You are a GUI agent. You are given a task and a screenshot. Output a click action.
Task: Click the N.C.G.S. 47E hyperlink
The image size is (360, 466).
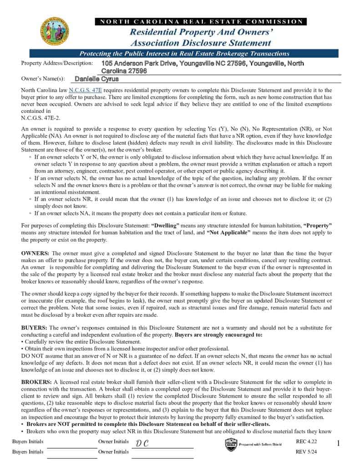(86, 91)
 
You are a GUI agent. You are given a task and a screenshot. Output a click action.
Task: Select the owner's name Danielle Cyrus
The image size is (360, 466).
(96, 79)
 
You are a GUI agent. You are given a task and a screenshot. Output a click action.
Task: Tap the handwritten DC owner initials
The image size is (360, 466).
(142, 444)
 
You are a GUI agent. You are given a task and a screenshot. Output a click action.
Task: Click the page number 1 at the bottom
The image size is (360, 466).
(339, 443)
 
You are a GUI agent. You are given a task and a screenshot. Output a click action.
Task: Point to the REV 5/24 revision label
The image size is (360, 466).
(306, 451)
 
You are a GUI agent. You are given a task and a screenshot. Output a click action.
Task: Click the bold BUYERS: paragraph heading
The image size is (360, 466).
(34, 328)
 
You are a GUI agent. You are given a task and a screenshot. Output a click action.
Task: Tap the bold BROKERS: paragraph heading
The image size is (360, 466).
(36, 382)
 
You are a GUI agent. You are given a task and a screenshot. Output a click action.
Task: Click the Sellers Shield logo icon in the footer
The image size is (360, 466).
(231, 444)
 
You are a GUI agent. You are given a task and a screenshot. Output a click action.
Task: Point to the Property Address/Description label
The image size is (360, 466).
(57, 63)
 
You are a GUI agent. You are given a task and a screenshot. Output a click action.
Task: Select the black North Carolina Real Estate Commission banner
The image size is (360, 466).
(201, 21)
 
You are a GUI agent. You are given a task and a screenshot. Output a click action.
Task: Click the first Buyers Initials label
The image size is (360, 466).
(28, 442)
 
